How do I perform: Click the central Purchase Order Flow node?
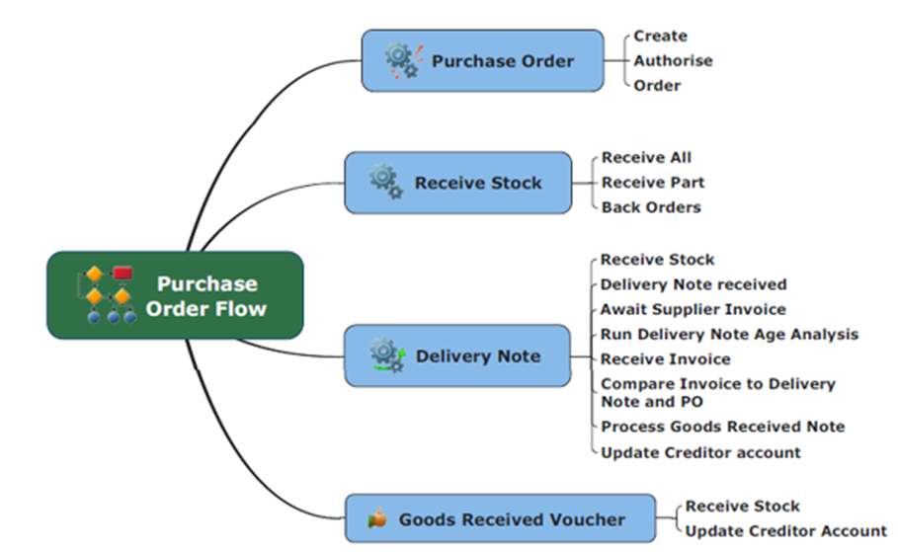coord(175,296)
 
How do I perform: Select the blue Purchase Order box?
coord(482,61)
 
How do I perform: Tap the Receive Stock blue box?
coord(457,183)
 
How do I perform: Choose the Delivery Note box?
coord(457,355)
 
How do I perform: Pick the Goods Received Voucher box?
coord(500,519)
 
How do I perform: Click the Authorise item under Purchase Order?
coord(673,60)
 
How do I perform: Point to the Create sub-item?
coord(660,36)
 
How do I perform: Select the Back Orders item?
coord(651,207)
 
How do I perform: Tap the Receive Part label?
coord(653,183)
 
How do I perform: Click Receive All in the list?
coord(646,157)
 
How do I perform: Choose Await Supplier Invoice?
coord(694,309)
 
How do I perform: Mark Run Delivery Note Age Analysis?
coord(729,335)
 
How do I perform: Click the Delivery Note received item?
coord(694,284)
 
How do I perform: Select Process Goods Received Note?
coord(722,427)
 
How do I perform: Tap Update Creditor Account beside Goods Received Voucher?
coord(786,531)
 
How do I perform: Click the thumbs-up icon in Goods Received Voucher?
coord(375,518)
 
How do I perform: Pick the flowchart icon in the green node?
coord(107,294)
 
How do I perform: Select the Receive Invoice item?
coord(665,359)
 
